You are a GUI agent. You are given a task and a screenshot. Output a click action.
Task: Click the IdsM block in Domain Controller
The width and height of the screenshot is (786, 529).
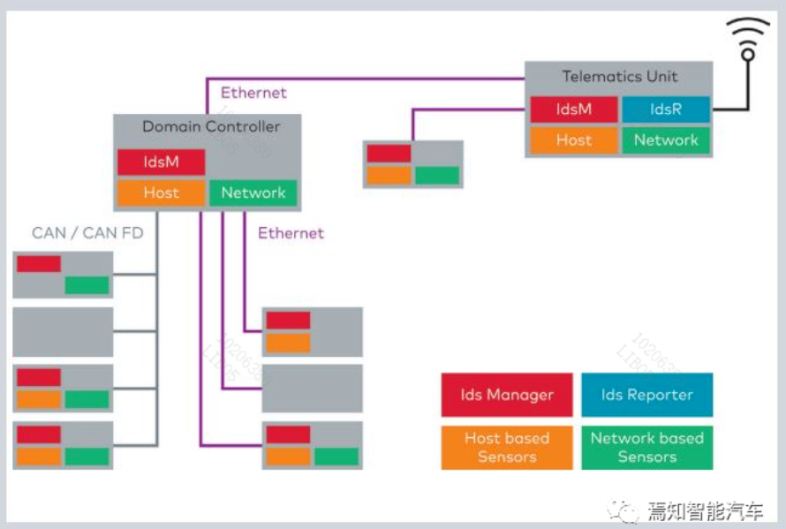161,162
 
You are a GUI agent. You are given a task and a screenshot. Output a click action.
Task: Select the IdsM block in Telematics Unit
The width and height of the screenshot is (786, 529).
574,110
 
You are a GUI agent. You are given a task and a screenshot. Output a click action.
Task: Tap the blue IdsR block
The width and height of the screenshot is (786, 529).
666,110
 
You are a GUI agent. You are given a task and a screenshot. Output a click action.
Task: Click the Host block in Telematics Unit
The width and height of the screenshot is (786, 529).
574,140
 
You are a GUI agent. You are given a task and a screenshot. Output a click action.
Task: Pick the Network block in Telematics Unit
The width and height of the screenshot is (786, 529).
666,140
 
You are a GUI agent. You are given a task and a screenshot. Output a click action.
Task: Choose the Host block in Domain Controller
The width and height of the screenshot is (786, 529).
161,193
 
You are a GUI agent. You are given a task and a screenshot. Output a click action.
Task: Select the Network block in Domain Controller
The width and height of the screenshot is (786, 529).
253,193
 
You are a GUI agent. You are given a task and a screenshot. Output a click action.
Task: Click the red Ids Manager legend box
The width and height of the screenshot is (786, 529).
507,395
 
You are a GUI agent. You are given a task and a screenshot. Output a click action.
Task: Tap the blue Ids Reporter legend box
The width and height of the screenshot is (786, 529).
646,395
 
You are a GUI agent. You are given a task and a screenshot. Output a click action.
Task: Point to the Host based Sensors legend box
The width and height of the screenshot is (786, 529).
507,447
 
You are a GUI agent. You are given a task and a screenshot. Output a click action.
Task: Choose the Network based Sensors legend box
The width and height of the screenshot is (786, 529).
646,447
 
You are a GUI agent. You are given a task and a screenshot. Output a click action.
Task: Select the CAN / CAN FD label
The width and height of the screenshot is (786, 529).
87,233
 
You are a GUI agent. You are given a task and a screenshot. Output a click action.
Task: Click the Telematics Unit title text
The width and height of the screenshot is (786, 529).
619,77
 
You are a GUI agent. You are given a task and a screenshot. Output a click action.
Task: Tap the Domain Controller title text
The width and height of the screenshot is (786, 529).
211,127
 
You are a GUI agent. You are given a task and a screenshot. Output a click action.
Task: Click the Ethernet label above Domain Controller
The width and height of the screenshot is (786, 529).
253,93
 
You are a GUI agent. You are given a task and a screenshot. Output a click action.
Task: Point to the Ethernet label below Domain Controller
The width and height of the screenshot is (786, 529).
291,233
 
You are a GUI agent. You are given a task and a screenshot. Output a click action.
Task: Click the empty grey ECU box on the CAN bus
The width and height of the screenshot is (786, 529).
63,331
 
